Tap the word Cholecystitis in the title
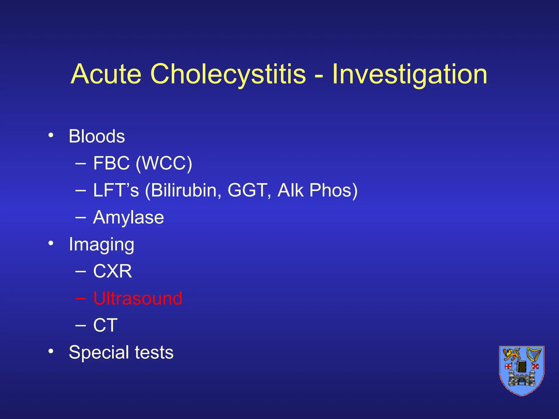tap(228, 74)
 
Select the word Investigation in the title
tap(409, 74)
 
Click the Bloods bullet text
tap(97, 136)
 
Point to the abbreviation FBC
tap(111, 163)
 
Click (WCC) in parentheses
tap(164, 163)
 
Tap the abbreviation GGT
tap(247, 190)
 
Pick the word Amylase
tap(128, 217)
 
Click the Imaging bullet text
tap(101, 244)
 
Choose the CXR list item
tap(112, 271)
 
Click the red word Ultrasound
tap(138, 298)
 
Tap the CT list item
tap(105, 325)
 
